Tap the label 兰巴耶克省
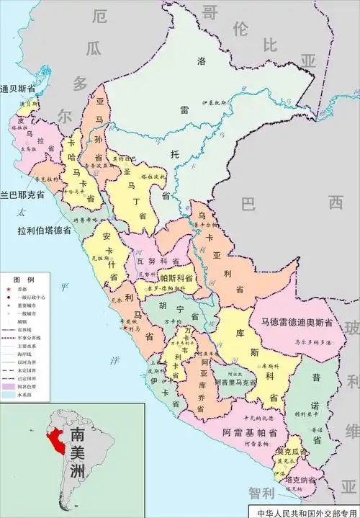click(x=22, y=195)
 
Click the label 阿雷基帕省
click(x=250, y=434)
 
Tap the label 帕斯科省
click(x=176, y=277)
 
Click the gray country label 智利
click(x=262, y=494)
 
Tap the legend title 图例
click(x=24, y=279)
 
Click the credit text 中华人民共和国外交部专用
click(x=306, y=512)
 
